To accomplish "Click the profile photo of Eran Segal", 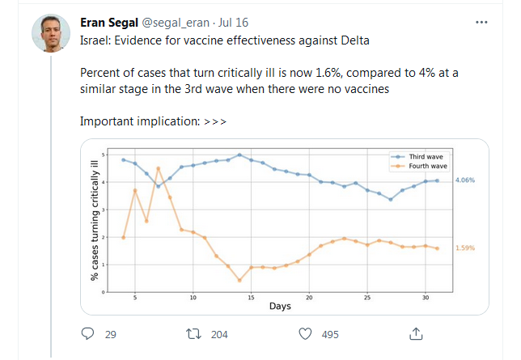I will [x=50, y=33].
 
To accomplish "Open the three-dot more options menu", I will [x=482, y=22].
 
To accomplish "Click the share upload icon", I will [x=416, y=333].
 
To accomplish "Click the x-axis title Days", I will [x=280, y=307].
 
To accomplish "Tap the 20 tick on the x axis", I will [x=309, y=298].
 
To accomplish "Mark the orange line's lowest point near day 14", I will [x=239, y=281].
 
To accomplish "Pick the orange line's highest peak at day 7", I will [x=159, y=168].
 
